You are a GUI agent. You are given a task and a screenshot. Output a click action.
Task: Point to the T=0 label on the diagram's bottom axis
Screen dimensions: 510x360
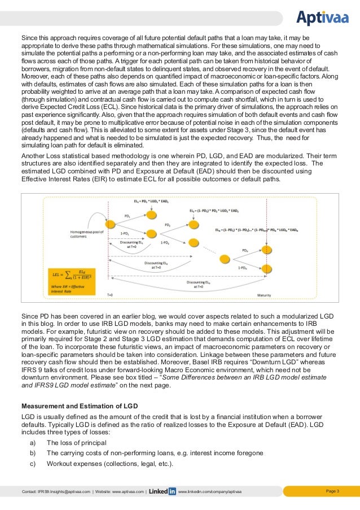(x=111, y=295)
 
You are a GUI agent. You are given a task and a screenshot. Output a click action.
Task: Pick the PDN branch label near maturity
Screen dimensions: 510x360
(x=245, y=250)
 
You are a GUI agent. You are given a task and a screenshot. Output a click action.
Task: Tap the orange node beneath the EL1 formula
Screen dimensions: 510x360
(x=151, y=213)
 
